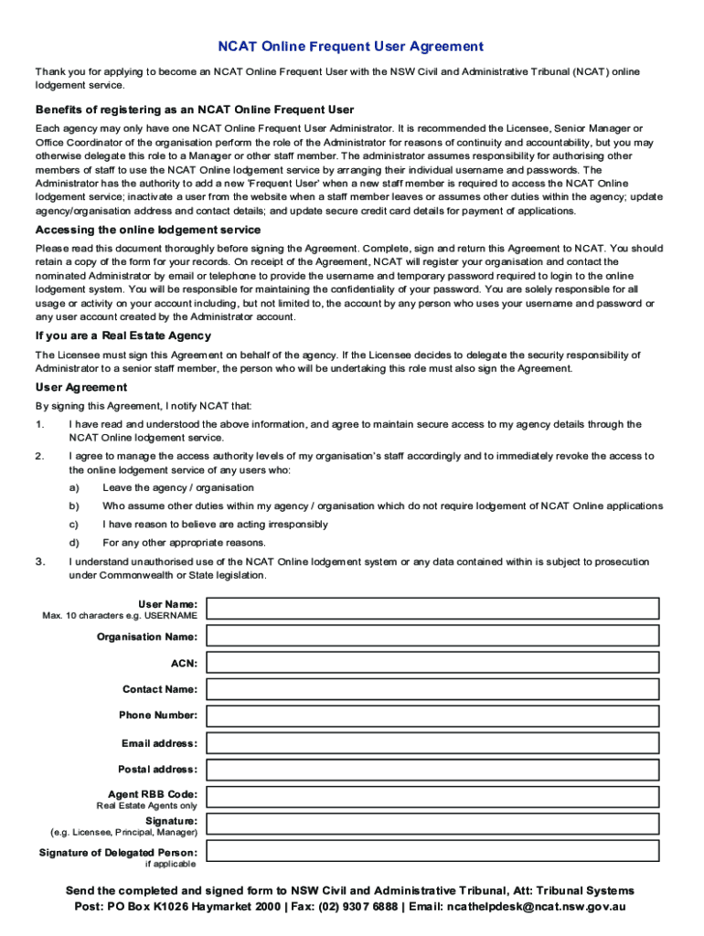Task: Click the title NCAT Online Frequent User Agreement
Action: (x=350, y=47)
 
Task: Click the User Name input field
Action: (x=432, y=609)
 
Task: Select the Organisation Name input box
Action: (x=432, y=636)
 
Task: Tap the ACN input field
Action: (x=432, y=663)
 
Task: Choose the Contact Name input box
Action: (x=432, y=689)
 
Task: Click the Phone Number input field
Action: (x=432, y=716)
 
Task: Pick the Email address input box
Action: (x=432, y=743)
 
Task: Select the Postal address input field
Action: (x=432, y=770)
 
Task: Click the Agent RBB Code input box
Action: (x=432, y=797)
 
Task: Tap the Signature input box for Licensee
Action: (x=432, y=824)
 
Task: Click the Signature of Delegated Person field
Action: (x=432, y=852)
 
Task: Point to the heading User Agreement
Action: (x=81, y=388)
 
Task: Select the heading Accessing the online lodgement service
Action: (x=148, y=230)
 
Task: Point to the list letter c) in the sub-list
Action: (x=73, y=525)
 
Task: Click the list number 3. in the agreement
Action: (x=39, y=562)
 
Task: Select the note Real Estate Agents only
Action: (x=146, y=806)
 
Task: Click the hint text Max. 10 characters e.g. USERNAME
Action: (x=120, y=615)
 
